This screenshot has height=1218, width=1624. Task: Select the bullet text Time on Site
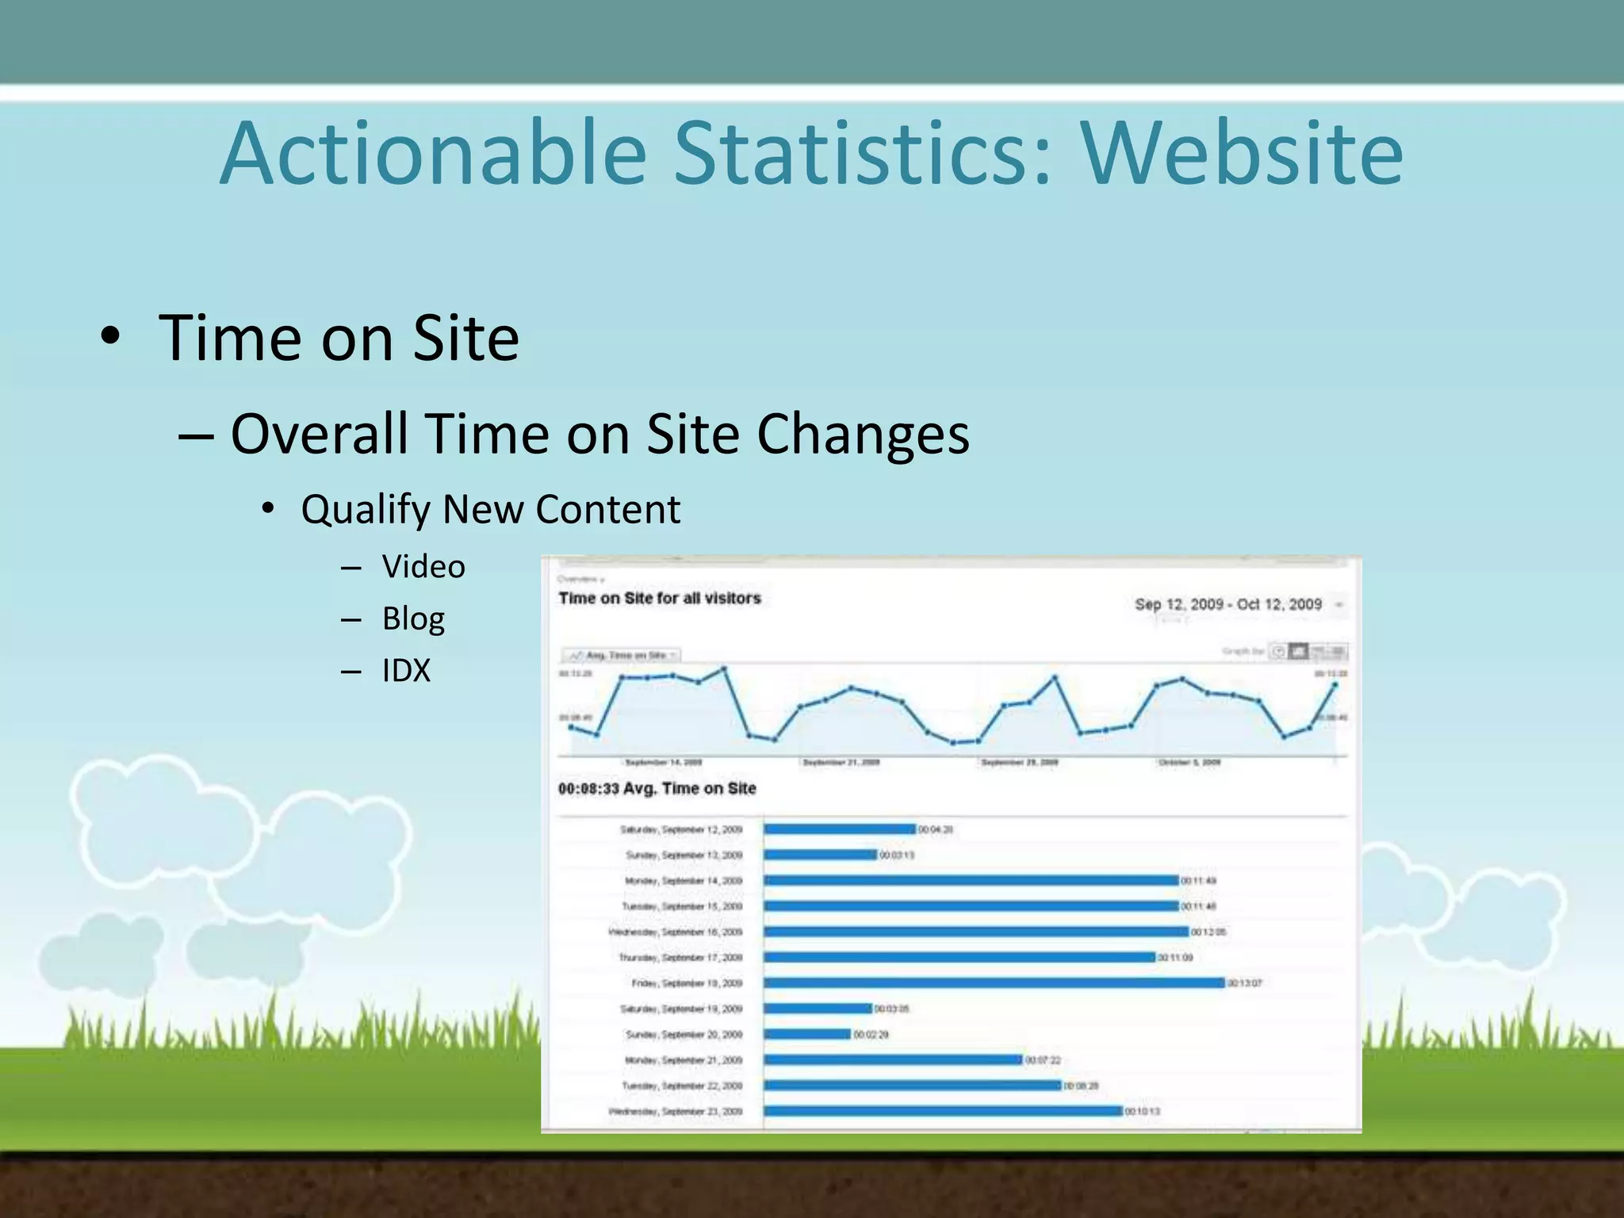pos(339,339)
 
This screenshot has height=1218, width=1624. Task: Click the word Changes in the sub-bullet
pos(863,434)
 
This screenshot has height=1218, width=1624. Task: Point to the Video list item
pos(423,567)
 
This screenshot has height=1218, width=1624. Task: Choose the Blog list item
pos(413,619)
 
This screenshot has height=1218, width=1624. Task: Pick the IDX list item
pos(406,671)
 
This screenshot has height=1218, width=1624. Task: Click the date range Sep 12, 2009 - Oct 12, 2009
pos(1228,604)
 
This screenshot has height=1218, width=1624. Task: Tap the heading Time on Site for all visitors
pos(659,598)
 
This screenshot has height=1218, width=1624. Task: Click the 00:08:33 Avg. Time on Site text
pos(657,788)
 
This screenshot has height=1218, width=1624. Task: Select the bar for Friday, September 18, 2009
pos(994,983)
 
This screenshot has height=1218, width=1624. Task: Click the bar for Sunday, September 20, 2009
pos(807,1034)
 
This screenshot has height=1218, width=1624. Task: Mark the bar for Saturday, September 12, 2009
pos(839,829)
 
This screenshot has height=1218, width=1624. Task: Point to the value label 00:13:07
pos(1244,983)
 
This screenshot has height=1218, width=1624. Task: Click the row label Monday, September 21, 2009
pos(684,1060)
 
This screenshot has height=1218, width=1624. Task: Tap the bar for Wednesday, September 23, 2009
pos(943,1111)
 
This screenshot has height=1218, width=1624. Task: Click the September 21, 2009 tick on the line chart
pos(841,762)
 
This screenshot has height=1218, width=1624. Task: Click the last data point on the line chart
pos(1335,684)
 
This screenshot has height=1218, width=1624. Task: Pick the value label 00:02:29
pos(871,1034)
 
